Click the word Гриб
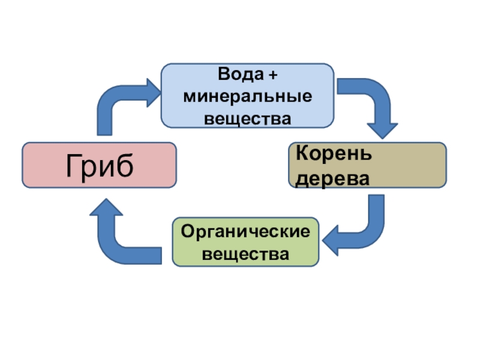click(x=99, y=166)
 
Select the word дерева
click(x=331, y=178)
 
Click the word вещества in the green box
click(x=245, y=254)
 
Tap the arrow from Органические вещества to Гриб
click(x=120, y=240)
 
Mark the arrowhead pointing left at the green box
click(x=334, y=241)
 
